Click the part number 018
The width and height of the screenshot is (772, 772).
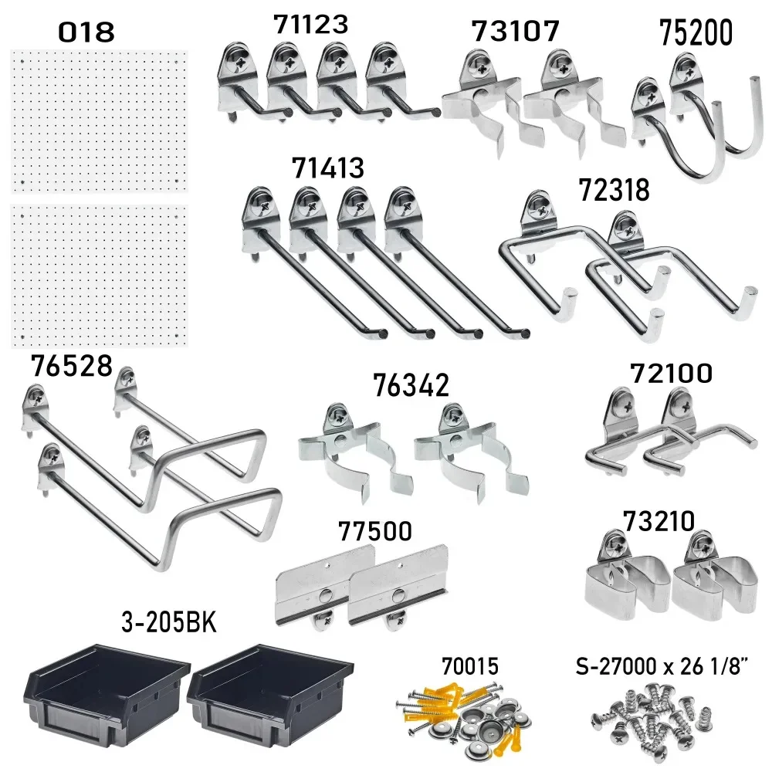click(86, 32)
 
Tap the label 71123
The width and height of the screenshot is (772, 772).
click(310, 24)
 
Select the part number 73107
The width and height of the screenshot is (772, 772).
click(515, 32)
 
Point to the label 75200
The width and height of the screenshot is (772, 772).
click(696, 34)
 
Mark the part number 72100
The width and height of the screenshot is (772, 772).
click(670, 374)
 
